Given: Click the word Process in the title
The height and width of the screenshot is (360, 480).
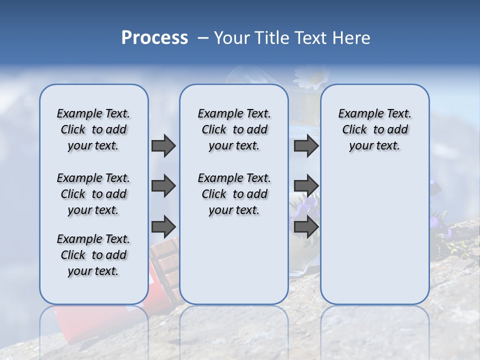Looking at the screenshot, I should pos(154,38).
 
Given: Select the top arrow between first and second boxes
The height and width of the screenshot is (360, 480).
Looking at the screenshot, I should pos(163,145).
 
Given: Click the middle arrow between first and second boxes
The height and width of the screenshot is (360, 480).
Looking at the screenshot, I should pos(163,186).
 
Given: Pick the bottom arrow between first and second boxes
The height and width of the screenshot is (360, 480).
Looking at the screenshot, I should pos(163,226).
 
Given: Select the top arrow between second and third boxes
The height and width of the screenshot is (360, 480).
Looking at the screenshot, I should pos(306,145).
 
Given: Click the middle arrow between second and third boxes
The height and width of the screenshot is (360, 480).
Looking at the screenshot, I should pos(306,186).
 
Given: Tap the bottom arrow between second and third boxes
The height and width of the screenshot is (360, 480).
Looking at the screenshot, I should pos(306,226).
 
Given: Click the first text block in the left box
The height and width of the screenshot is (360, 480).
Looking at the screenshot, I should pos(93,129).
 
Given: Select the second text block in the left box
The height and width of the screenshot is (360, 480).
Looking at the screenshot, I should pos(93,194).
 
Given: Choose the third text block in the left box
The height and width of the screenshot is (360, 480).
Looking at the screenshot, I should pos(93,255).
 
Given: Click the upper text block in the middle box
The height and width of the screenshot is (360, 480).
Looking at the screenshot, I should pos(234,129).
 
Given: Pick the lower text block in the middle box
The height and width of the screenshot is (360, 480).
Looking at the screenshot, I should pos(234,194).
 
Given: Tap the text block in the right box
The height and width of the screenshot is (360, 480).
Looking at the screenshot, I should pos(374,129).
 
